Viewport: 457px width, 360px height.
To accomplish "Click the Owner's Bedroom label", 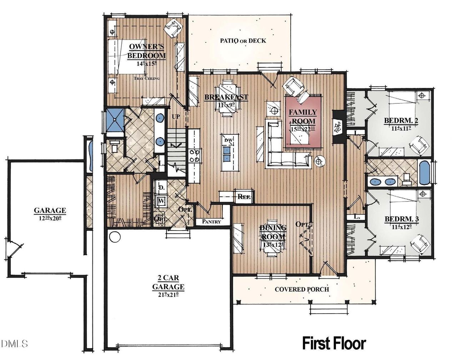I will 146,51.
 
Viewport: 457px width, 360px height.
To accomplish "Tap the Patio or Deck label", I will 243,41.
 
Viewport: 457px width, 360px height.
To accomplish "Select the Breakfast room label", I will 226,97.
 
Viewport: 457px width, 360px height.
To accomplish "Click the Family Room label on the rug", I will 302,116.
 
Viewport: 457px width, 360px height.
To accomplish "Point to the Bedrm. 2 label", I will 401,121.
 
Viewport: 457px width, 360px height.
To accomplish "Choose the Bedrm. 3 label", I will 402,219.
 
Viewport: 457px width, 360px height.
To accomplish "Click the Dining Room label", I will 273,232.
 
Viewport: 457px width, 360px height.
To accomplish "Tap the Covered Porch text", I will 302,289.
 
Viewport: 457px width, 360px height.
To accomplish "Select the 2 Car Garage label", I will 168,282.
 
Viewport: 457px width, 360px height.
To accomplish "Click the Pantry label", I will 211,221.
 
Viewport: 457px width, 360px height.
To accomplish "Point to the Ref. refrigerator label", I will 245,197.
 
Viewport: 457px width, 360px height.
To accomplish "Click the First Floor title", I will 334,343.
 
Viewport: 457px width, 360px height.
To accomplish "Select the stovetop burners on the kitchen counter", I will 195,156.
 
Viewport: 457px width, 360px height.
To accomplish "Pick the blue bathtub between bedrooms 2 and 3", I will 425,173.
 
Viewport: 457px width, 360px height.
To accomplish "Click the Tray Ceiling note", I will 146,78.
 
